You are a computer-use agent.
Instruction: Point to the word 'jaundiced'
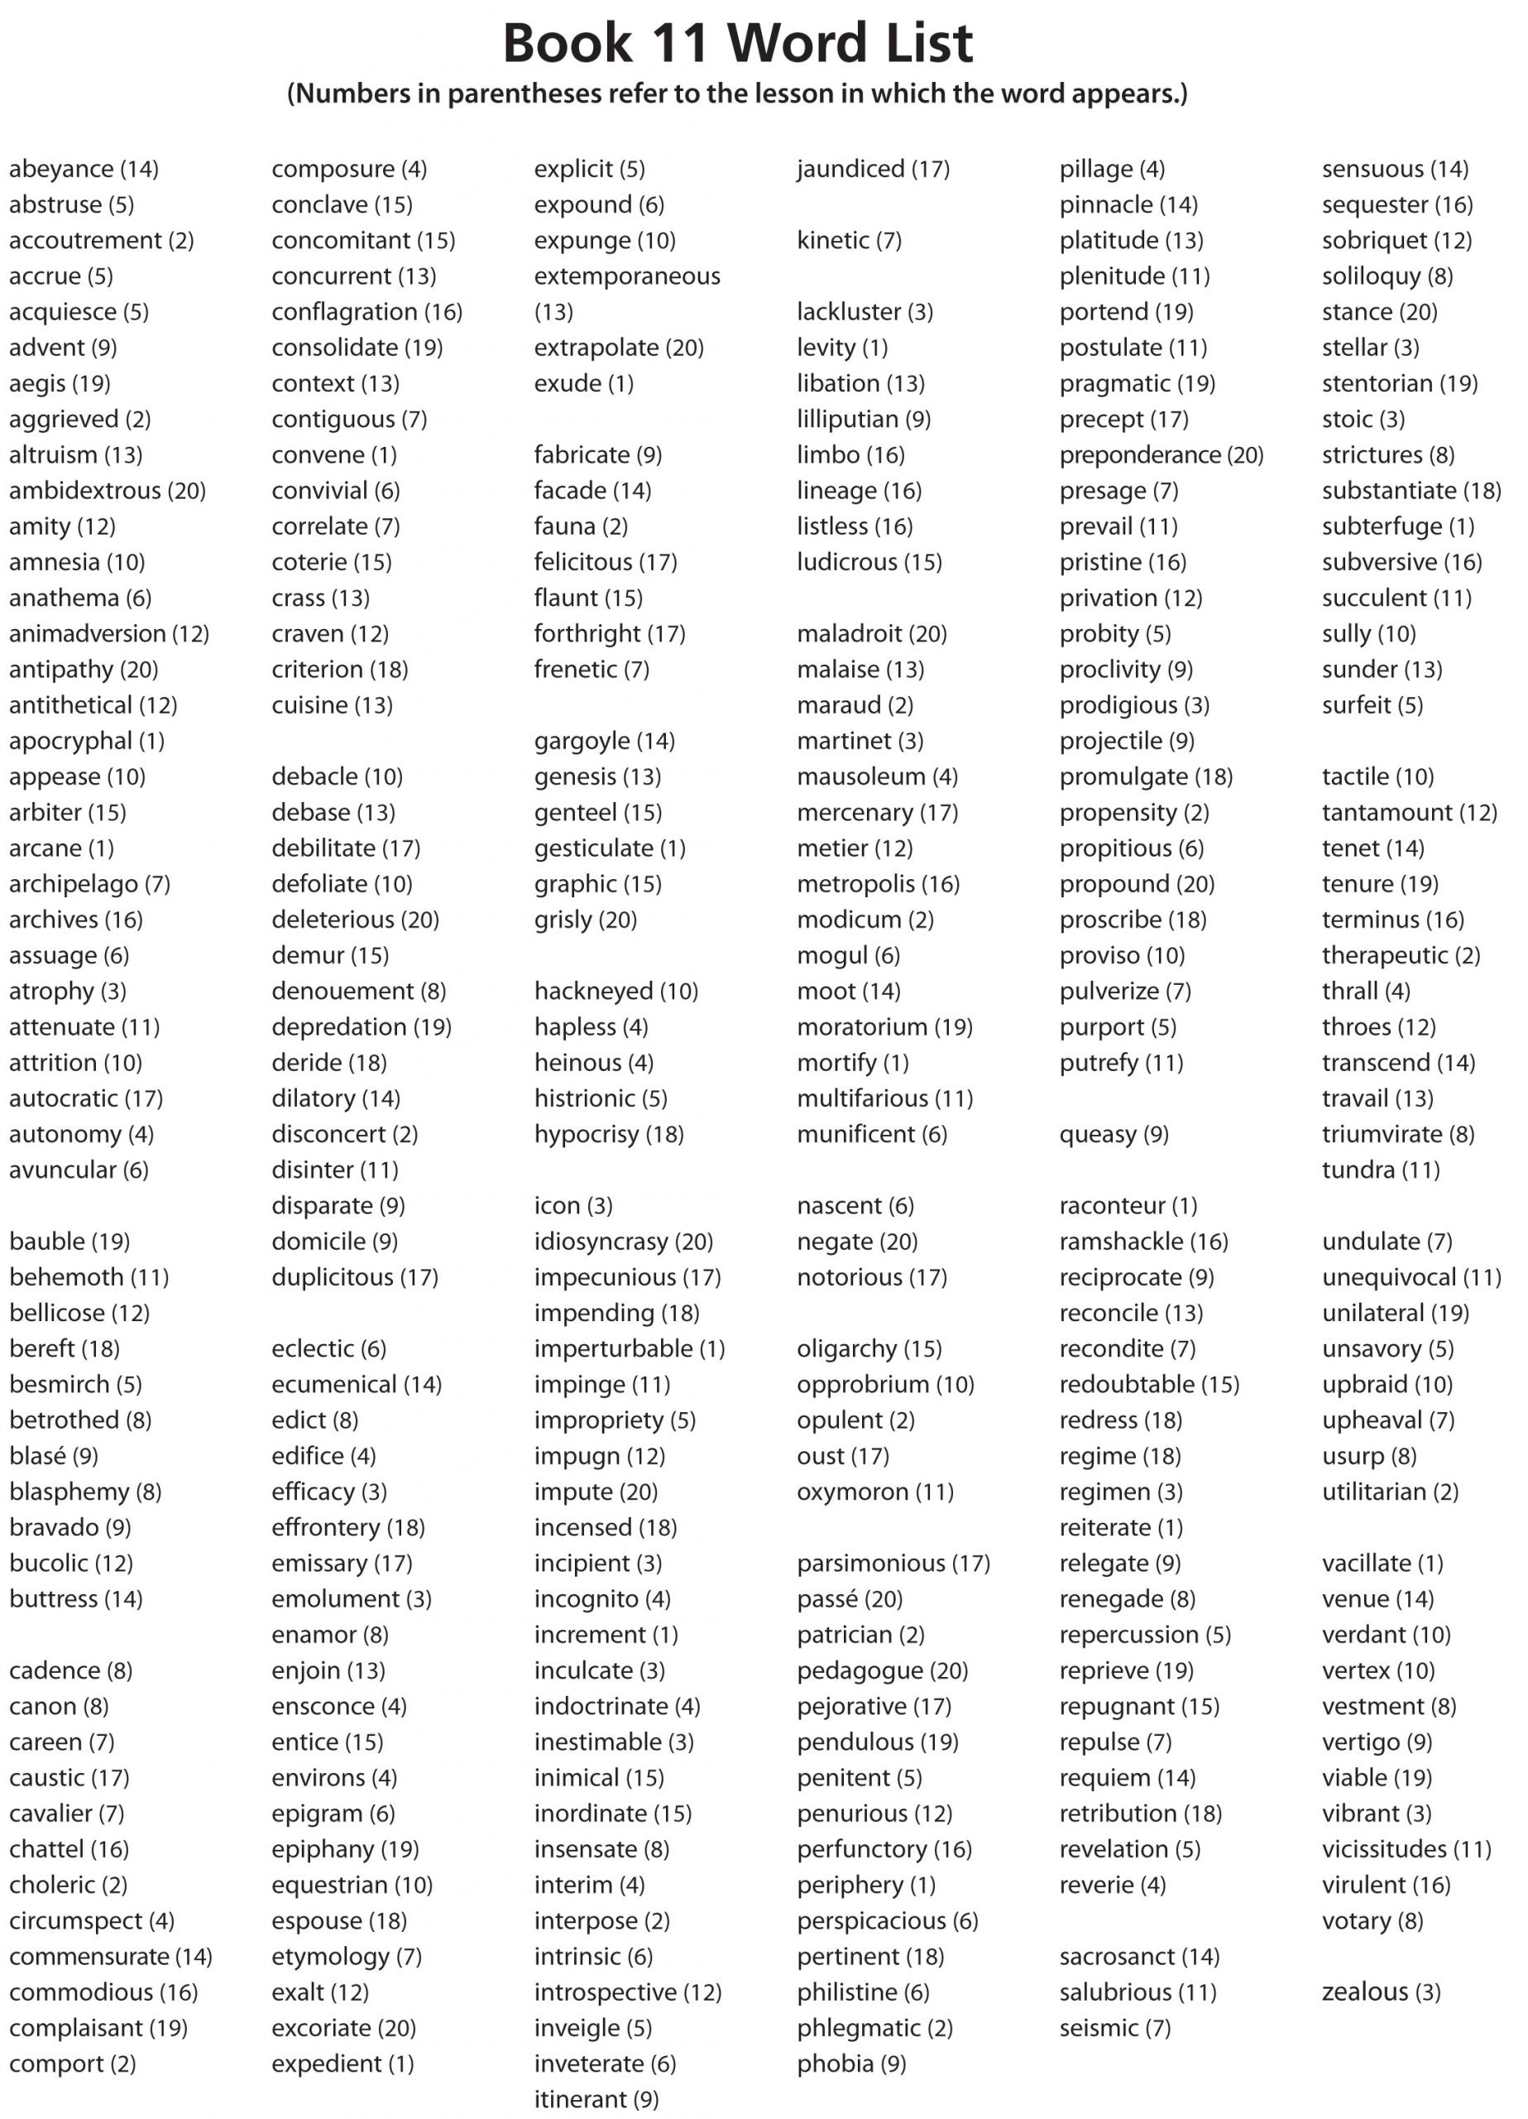(850, 169)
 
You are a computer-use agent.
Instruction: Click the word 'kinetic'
(833, 241)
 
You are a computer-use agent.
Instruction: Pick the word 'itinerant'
(580, 2100)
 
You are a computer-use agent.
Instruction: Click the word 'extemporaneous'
(628, 276)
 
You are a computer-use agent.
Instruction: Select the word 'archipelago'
(74, 885)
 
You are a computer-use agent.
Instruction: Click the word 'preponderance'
(1139, 455)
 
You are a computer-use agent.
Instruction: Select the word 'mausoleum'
(861, 777)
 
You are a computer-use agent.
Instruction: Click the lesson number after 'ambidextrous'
(186, 492)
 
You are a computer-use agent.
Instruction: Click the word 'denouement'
(342, 992)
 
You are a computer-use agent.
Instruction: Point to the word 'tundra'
(1358, 1170)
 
